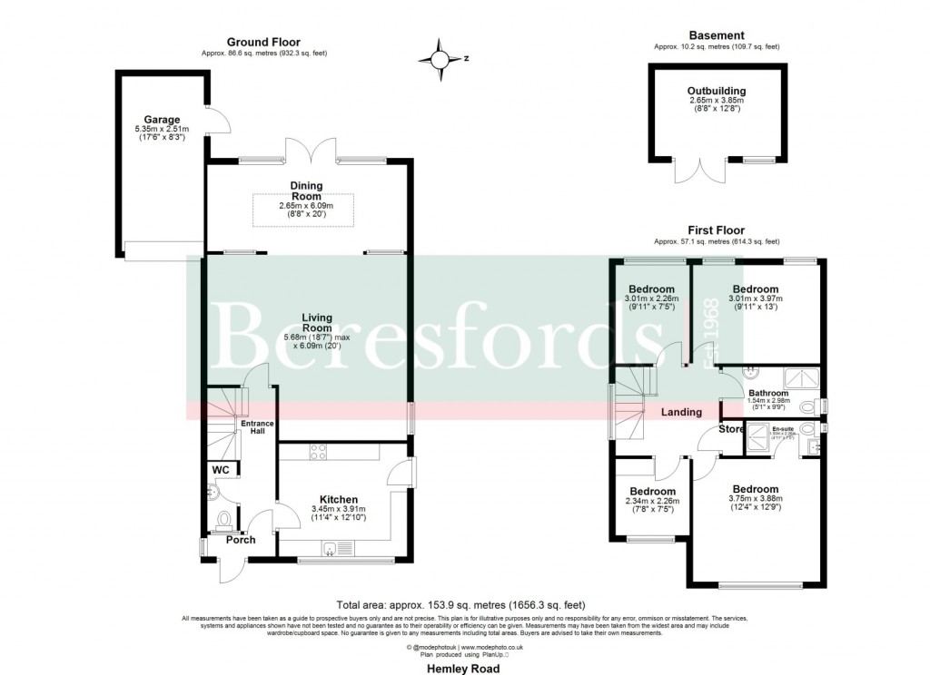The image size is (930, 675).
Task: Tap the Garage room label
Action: click(161, 119)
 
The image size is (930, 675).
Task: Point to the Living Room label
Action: click(317, 322)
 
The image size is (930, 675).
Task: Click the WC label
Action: click(221, 470)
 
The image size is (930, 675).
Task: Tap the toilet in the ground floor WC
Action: click(223, 520)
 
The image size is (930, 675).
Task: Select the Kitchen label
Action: click(338, 499)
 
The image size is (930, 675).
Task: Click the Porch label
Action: click(241, 540)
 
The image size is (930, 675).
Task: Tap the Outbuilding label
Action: click(717, 91)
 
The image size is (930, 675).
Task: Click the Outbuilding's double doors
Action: click(700, 169)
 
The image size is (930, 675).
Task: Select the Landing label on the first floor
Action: click(681, 412)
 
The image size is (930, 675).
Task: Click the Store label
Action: click(731, 428)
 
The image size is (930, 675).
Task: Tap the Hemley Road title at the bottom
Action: click(464, 667)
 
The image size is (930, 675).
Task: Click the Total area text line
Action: click(460, 604)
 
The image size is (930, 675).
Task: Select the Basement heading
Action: click(717, 35)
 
